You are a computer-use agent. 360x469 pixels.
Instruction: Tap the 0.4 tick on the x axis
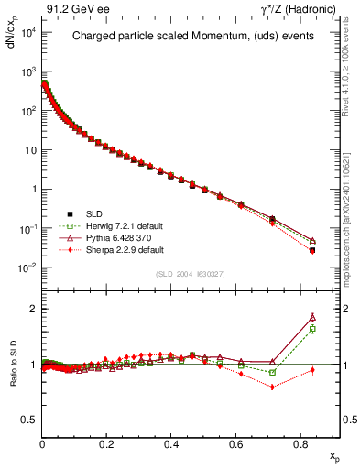(x=171, y=442)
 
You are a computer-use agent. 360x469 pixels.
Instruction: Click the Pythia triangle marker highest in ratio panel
(x=312, y=317)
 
